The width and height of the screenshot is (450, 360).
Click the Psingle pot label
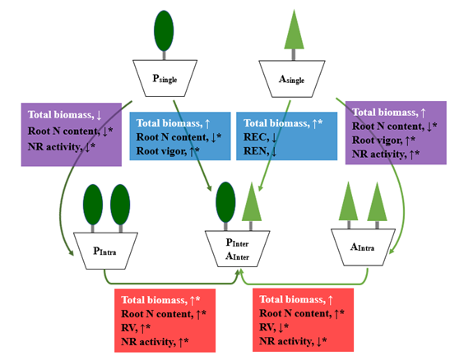[x=165, y=79]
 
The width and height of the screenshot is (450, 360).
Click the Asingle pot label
[x=291, y=79]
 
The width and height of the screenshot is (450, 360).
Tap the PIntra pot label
[x=104, y=251]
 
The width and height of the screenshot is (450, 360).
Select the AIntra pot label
[x=362, y=247]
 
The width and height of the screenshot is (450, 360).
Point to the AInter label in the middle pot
[x=238, y=256]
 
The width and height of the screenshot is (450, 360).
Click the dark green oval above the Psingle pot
[x=164, y=30]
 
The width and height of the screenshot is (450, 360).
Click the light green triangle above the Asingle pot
[x=294, y=30]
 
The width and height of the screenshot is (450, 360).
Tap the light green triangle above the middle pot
[x=252, y=201]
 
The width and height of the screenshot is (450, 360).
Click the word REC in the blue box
[x=254, y=137]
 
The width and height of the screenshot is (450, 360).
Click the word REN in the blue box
[x=255, y=150]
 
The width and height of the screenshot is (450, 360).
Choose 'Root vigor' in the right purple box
[x=377, y=140]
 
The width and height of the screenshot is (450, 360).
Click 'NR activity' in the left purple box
[x=55, y=147]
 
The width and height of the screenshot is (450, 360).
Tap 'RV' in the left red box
[x=129, y=327]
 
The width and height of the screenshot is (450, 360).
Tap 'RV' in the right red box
[x=267, y=327]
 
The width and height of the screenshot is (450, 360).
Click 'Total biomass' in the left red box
[x=154, y=300]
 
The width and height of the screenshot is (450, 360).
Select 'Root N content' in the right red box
[x=295, y=313]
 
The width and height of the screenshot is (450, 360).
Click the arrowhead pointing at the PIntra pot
[x=70, y=252]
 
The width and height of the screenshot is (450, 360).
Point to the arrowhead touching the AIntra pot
[x=392, y=251]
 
